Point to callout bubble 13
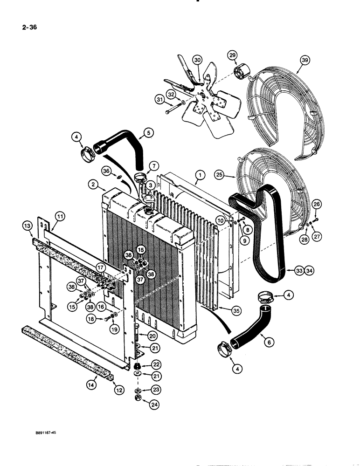[x=28, y=226]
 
